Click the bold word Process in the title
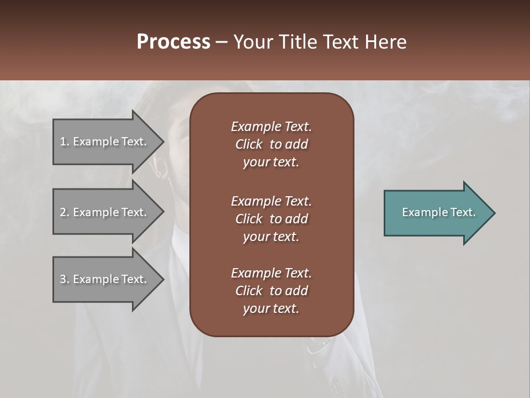(x=173, y=42)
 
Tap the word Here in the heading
(x=385, y=42)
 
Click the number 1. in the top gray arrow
(x=65, y=142)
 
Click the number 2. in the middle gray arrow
(x=65, y=212)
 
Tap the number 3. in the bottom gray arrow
(x=65, y=279)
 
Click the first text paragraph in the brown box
(x=271, y=144)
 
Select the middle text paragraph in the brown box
(x=271, y=218)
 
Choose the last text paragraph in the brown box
(x=271, y=291)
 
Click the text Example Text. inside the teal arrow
(x=438, y=212)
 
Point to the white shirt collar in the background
(x=179, y=243)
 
